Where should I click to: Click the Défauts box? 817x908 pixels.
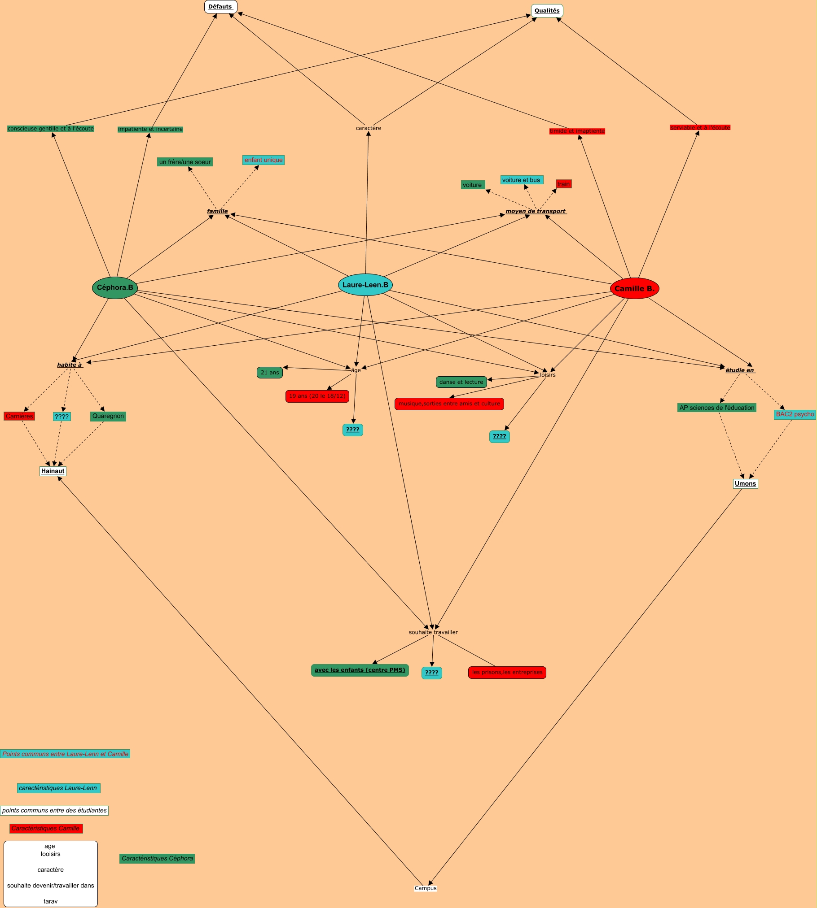coord(220,7)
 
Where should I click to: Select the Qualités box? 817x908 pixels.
coord(547,11)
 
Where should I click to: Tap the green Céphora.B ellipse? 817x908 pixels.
coord(115,288)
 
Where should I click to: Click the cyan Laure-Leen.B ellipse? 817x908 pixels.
coord(365,285)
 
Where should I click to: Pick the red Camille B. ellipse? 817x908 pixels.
coord(634,289)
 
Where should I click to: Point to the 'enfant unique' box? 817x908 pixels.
coord(264,160)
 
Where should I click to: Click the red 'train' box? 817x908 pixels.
coord(563,184)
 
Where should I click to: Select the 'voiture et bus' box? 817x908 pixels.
coord(522,180)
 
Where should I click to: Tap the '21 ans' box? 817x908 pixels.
coord(270,373)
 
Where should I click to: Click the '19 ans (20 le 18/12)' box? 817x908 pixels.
coord(317,396)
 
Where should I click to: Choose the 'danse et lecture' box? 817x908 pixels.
coord(461,382)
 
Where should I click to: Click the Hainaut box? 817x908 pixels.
coord(53,471)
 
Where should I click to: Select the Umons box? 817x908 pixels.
coord(745,483)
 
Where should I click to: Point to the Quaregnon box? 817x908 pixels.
coord(108,416)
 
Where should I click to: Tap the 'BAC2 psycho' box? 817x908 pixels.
coord(795,414)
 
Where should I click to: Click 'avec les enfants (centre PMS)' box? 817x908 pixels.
coord(360,670)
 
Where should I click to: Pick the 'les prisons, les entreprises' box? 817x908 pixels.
coord(507,672)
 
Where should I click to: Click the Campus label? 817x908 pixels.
coord(426,888)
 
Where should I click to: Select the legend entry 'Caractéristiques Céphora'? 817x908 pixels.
coord(157,858)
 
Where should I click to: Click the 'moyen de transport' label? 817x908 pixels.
coord(536,211)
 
